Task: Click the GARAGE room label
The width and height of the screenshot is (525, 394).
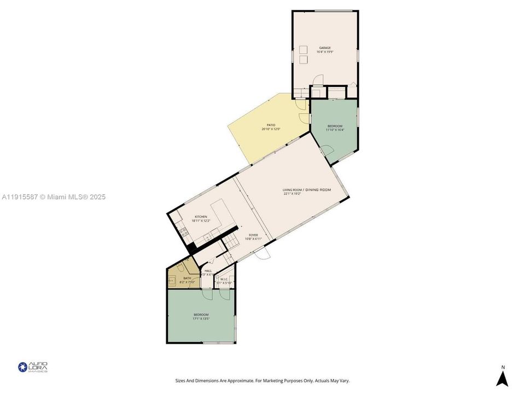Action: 325,48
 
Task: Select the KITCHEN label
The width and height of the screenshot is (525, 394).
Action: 201,217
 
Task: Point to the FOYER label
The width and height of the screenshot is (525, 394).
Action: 253,235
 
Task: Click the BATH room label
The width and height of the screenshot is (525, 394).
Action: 187,279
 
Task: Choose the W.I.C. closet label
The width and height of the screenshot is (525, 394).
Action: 224,279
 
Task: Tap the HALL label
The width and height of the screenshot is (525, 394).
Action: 208,271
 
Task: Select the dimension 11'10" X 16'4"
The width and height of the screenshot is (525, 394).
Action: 334,130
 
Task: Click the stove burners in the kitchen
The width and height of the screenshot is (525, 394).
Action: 184,232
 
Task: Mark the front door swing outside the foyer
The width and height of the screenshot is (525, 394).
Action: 264,255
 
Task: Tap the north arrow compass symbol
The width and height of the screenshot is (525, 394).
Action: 503,377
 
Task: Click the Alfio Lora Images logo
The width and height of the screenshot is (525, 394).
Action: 33,367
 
